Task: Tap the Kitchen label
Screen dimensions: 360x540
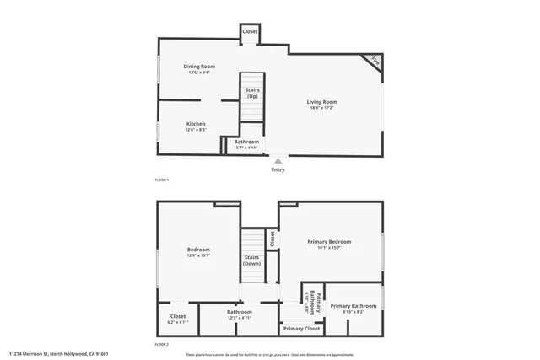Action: (x=196, y=124)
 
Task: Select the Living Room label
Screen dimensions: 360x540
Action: (x=321, y=102)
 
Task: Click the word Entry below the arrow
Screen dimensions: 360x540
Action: (x=278, y=169)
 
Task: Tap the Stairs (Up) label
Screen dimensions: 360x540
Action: (x=252, y=93)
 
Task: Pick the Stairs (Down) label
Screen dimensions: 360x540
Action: (x=251, y=260)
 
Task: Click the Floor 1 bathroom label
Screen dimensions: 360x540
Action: (x=246, y=142)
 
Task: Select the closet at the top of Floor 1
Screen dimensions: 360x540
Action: (x=251, y=31)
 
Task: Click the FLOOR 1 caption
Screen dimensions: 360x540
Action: (x=162, y=180)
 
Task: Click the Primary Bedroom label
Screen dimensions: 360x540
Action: (x=329, y=242)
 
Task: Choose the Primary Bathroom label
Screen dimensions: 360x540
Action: (x=353, y=306)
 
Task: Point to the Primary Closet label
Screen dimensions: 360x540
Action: (x=301, y=328)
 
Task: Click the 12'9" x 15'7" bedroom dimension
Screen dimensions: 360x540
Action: (x=199, y=255)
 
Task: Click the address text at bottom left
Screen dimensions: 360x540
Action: (x=59, y=354)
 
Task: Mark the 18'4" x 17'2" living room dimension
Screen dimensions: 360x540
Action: (x=321, y=108)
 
